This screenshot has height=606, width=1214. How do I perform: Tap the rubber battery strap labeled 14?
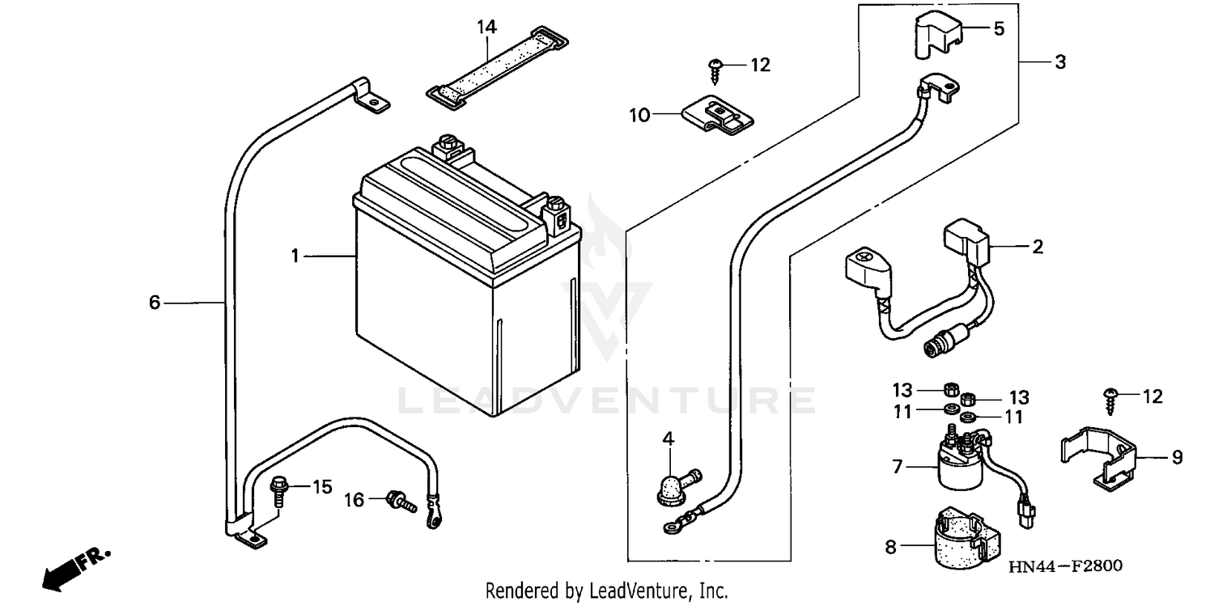tap(497, 72)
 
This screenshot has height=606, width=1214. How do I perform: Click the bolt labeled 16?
tap(401, 502)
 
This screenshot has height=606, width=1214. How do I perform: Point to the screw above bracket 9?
tap(1109, 399)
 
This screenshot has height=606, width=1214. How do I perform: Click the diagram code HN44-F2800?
tap(1064, 566)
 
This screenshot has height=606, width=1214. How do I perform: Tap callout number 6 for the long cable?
tap(155, 303)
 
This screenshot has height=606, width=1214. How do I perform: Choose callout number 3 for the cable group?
tap(1060, 61)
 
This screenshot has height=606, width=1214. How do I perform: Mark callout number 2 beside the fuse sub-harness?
tap(1037, 247)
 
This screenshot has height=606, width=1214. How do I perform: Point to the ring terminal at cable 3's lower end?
tap(671, 528)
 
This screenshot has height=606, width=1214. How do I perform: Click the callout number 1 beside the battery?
tap(296, 256)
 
